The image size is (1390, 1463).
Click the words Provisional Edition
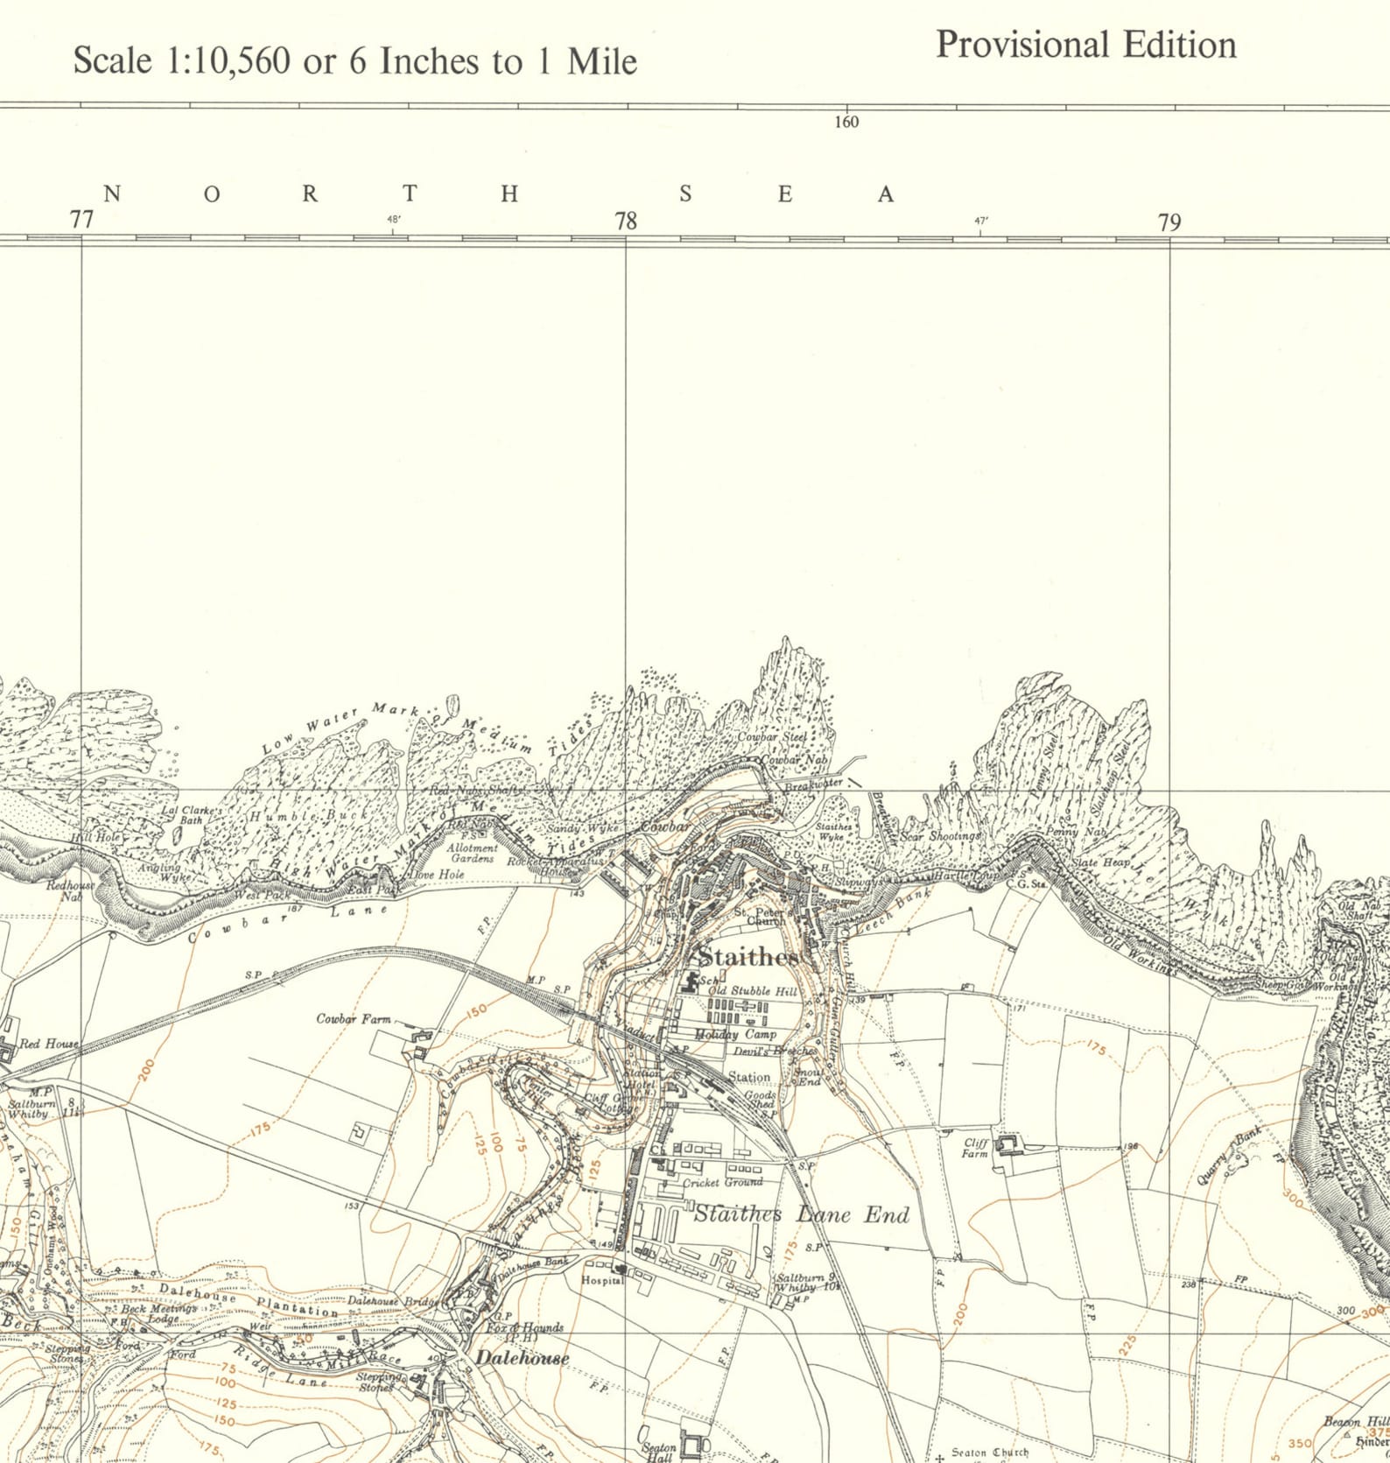point(1085,45)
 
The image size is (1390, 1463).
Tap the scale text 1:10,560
point(228,61)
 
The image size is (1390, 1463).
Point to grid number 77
point(81,220)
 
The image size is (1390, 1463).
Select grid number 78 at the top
point(626,221)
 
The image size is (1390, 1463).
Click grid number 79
point(1169,222)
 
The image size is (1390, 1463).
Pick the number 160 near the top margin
point(846,123)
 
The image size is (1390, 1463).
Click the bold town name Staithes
point(748,957)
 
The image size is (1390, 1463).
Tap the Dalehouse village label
point(522,1358)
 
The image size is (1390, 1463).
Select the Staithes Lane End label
point(801,1214)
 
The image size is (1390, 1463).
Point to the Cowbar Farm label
point(353,1019)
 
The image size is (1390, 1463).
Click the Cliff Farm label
point(975,1148)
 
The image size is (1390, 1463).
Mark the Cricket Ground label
point(722,1183)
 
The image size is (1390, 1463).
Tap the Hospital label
point(602,1281)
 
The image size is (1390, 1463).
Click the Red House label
point(49,1044)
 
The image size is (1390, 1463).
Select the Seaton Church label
point(989,1452)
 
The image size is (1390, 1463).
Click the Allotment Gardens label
point(472,853)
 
